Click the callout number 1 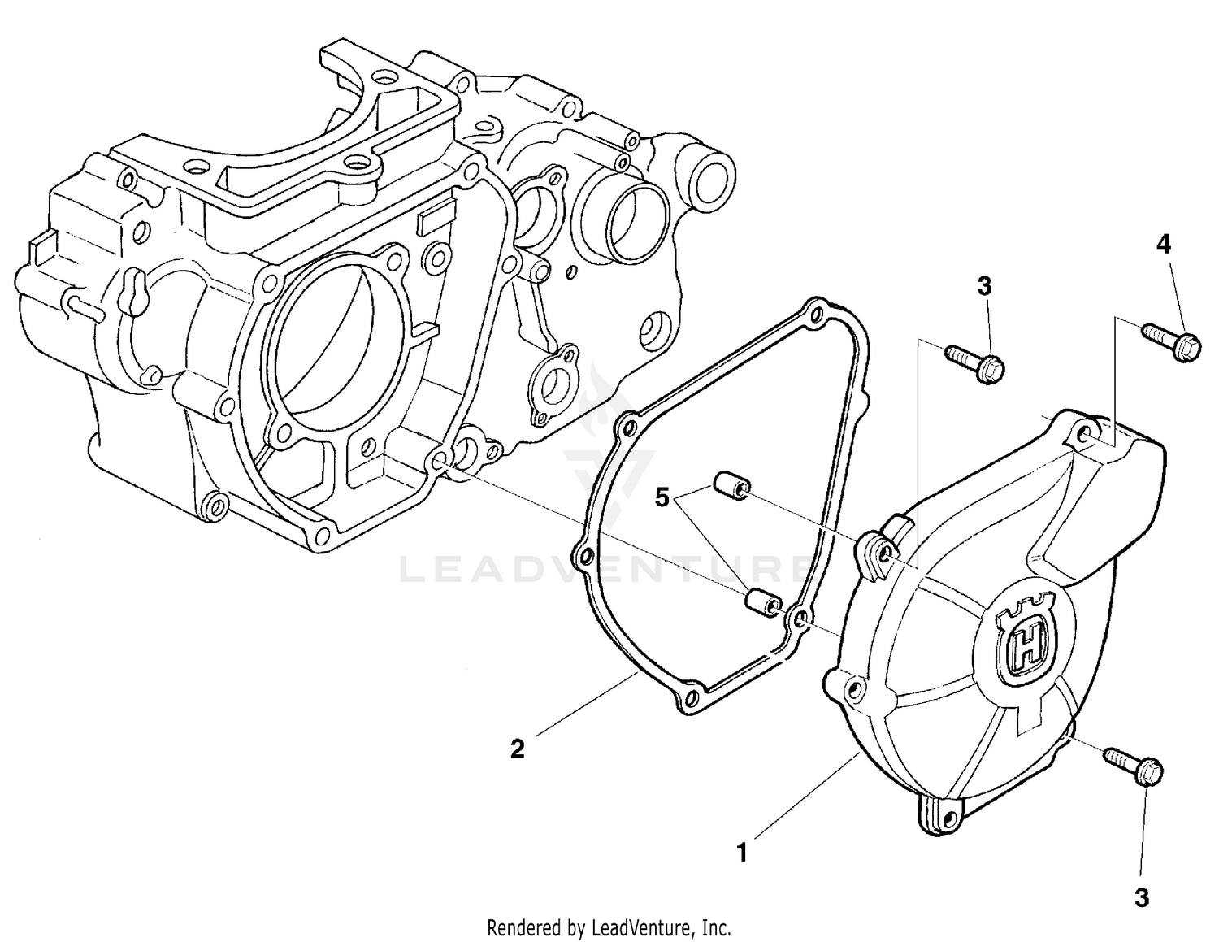[x=741, y=853]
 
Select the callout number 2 [x=517, y=748]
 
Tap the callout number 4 [x=1164, y=244]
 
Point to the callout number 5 [x=662, y=497]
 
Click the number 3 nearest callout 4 [x=984, y=286]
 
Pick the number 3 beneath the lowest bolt [x=1142, y=897]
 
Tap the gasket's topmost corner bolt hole [x=816, y=311]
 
